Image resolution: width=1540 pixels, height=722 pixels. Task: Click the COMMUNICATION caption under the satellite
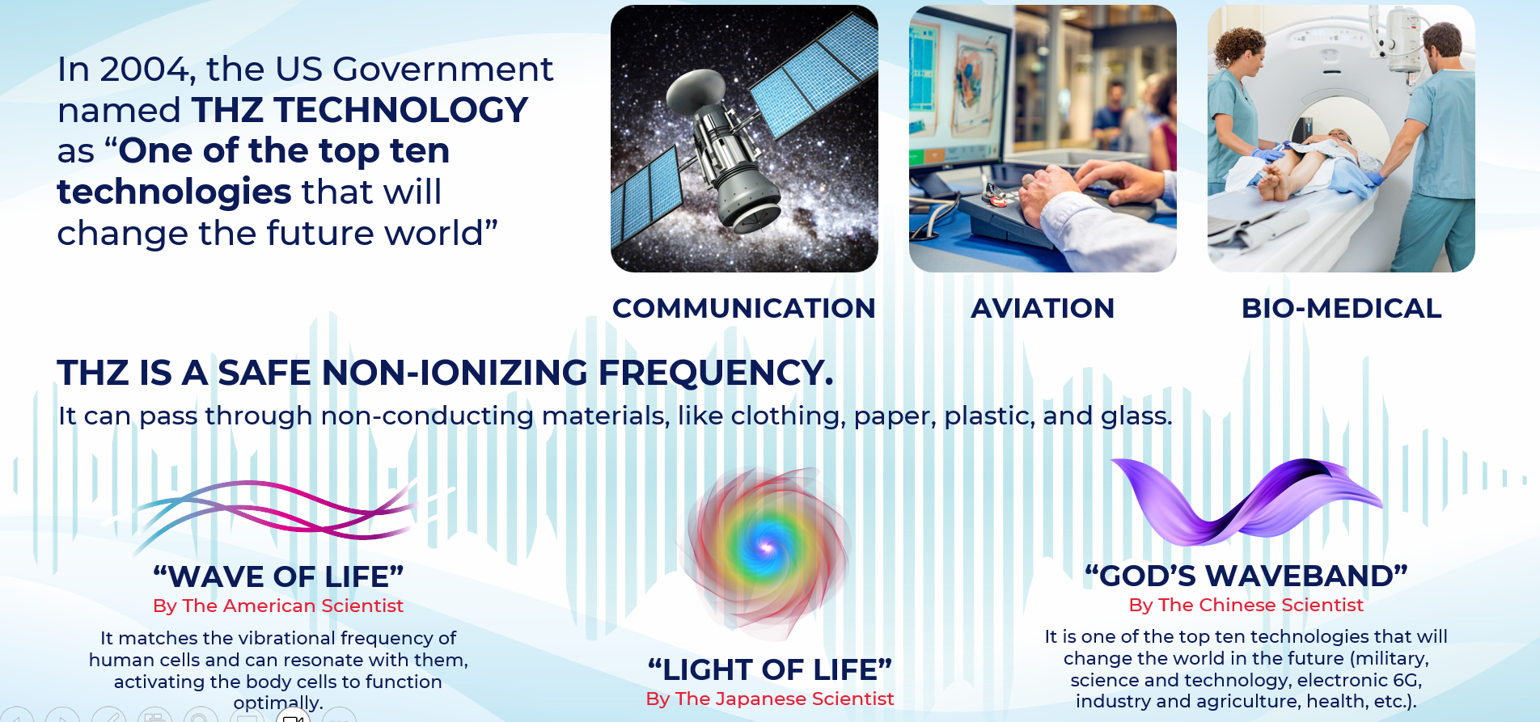(743, 308)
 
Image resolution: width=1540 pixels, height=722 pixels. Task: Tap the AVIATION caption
(1043, 308)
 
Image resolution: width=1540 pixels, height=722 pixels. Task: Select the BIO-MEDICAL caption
(1341, 308)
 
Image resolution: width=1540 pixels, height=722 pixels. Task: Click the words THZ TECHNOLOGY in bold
(360, 110)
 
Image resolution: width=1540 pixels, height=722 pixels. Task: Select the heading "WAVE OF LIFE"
(278, 576)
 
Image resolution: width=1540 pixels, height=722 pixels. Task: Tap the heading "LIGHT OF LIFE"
(769, 669)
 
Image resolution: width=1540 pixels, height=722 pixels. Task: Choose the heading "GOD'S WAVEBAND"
(1246, 576)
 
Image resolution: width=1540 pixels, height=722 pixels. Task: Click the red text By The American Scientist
(278, 606)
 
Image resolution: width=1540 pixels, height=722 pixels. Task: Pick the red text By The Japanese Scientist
(769, 699)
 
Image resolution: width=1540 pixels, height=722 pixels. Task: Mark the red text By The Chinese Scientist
(1246, 605)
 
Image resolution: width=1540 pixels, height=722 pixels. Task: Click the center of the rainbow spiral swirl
(765, 548)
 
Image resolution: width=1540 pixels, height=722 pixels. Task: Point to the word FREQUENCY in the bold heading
(715, 373)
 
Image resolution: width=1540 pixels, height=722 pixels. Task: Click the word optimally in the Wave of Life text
(277, 703)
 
